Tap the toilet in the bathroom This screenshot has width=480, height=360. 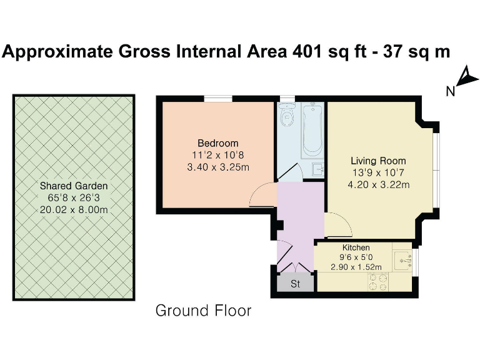click(288, 117)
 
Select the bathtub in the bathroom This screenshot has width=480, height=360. click(312, 132)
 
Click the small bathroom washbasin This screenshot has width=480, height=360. click(318, 167)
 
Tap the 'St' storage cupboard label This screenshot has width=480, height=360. click(295, 284)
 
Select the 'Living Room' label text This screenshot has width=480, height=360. click(378, 161)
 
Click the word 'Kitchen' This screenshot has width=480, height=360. click(355, 247)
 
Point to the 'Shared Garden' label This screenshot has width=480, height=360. click(74, 186)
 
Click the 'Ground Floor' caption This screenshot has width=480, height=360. click(203, 311)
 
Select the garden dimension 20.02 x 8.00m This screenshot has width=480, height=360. click(74, 209)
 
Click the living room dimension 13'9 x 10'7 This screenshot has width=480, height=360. click(378, 172)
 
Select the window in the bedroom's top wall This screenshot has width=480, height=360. click(218, 97)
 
